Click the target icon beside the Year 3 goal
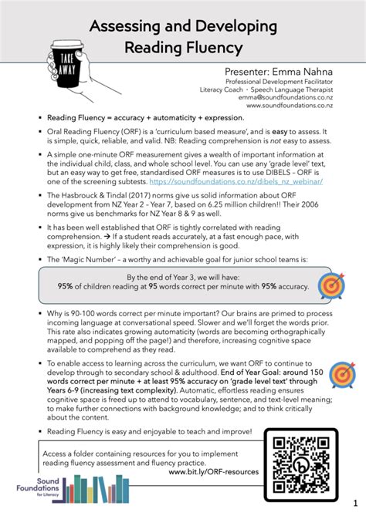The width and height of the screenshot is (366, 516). tap(332, 285)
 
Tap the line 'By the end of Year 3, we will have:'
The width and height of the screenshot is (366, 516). tap(182, 276)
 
